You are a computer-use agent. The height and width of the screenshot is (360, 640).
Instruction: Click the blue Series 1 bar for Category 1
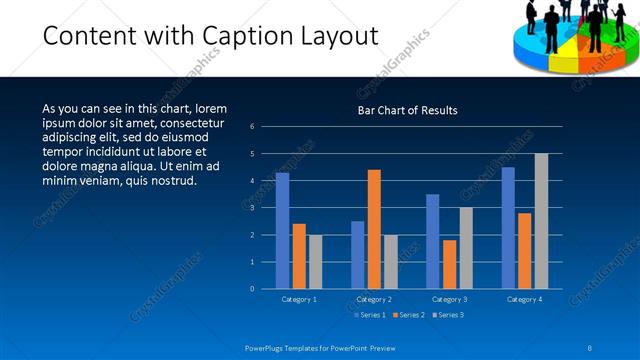click(282, 231)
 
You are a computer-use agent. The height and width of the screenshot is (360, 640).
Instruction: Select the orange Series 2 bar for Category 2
click(374, 229)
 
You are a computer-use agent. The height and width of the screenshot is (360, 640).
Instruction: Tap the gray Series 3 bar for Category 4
click(541, 221)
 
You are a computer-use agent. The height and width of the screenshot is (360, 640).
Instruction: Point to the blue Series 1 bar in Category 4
click(508, 228)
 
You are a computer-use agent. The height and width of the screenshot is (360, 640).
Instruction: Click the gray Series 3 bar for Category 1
click(316, 262)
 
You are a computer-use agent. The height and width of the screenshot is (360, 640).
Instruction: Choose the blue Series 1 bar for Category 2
click(357, 255)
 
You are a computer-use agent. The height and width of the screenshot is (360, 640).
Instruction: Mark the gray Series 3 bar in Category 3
click(466, 248)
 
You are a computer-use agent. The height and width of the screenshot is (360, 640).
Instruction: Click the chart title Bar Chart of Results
click(407, 110)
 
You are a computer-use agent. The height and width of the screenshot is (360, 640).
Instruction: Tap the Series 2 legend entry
click(408, 315)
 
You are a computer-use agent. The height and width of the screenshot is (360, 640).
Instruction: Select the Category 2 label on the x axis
click(374, 299)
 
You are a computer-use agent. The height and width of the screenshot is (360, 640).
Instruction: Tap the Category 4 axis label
click(524, 299)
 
